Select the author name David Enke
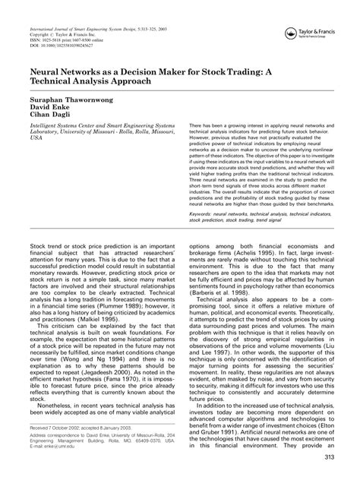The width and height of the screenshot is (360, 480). click(47, 109)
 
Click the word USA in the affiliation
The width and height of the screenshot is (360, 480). click(36, 140)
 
